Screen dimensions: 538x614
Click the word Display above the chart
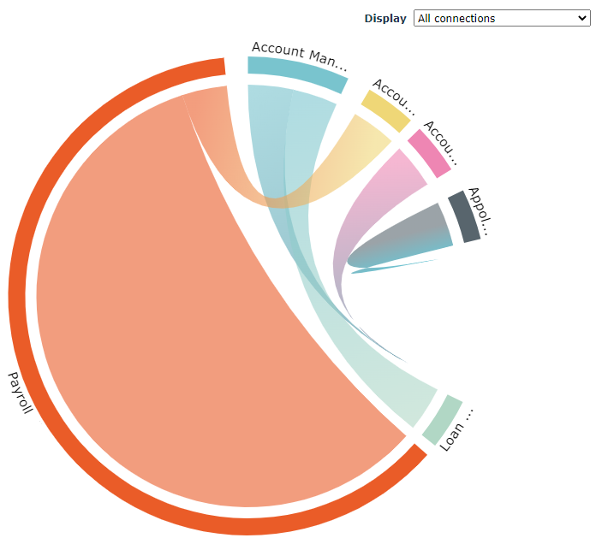click(385, 18)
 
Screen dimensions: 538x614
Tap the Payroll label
click(20, 392)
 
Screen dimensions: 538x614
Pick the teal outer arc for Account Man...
click(297, 73)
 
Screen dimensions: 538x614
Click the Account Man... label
click(300, 54)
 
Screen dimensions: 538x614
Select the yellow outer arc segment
click(385, 109)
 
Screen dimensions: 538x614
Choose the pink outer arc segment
click(429, 152)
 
